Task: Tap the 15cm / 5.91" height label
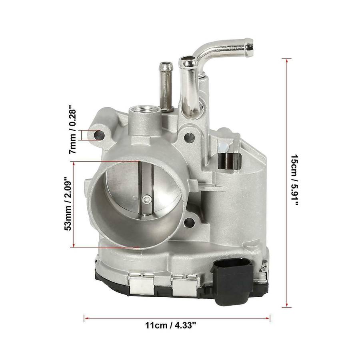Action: pos(294,180)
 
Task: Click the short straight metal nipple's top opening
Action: pos(165,64)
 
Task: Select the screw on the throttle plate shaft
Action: pos(146,199)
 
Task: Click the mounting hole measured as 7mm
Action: pos(99,135)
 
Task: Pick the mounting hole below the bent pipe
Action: pos(190,138)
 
